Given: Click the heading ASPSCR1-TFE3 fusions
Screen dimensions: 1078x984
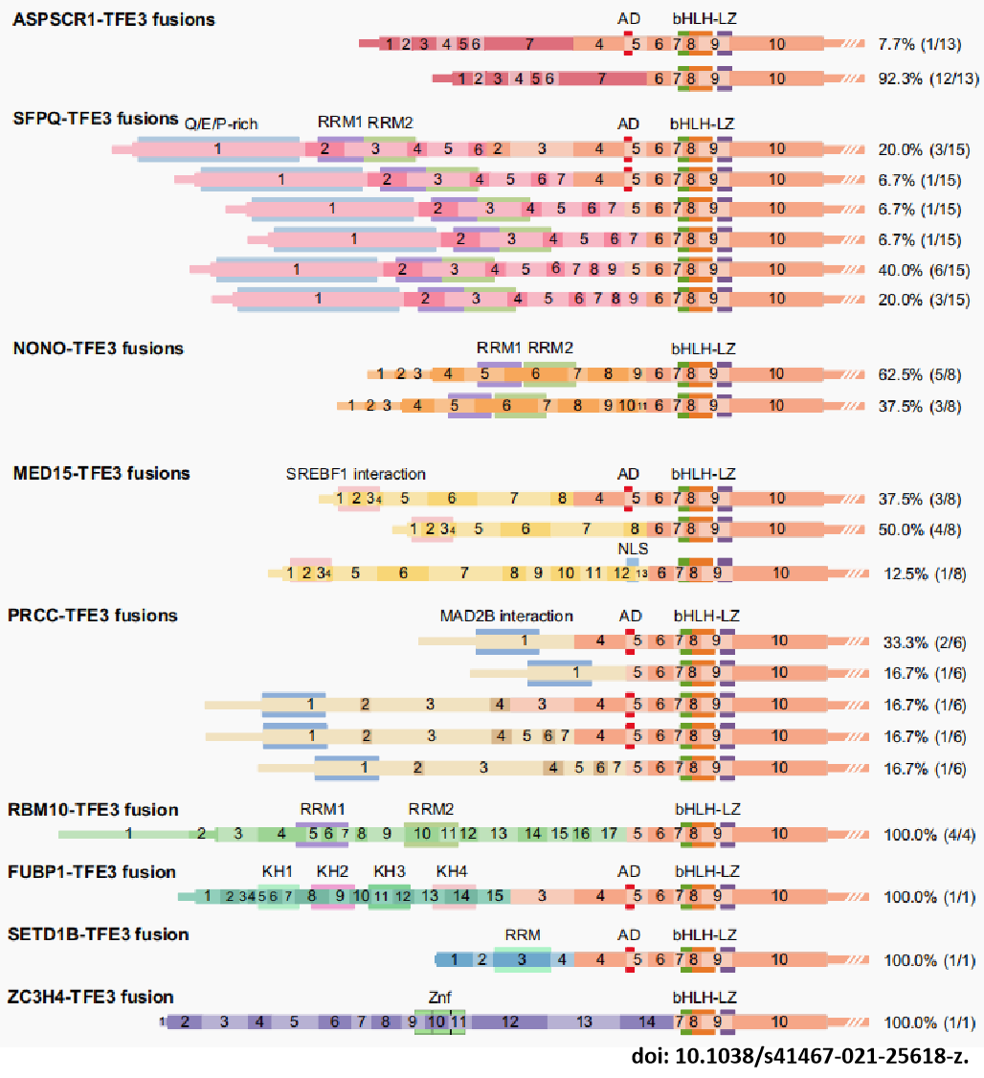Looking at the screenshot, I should pyautogui.click(x=114, y=19).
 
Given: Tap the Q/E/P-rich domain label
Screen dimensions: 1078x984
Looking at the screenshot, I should pyautogui.click(x=222, y=124).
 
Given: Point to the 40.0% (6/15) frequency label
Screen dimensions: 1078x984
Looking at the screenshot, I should pyautogui.click(x=924, y=270).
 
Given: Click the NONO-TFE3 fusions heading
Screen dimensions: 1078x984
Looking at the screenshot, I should pyautogui.click(x=99, y=348).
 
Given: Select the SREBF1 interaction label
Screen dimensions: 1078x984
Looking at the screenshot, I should pyautogui.click(x=355, y=474).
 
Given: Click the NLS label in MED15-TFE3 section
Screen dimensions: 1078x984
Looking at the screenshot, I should pyautogui.click(x=633, y=549).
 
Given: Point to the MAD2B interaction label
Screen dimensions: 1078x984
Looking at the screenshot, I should pyautogui.click(x=506, y=616).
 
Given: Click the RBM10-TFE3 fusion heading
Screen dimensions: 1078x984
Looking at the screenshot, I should pyautogui.click(x=93, y=810).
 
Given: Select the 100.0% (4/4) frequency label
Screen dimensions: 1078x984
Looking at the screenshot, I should pyautogui.click(x=928, y=834).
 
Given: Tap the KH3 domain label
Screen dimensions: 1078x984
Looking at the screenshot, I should pyautogui.click(x=390, y=872).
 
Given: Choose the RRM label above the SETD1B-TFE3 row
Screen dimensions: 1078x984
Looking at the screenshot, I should pyautogui.click(x=523, y=934).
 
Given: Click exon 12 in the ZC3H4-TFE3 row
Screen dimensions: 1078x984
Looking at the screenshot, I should pyautogui.click(x=509, y=1022).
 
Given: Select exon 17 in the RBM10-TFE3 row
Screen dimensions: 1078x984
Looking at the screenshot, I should pyautogui.click(x=609, y=834).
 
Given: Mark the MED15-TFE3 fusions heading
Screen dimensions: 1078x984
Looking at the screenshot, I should pyautogui.click(x=101, y=473).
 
